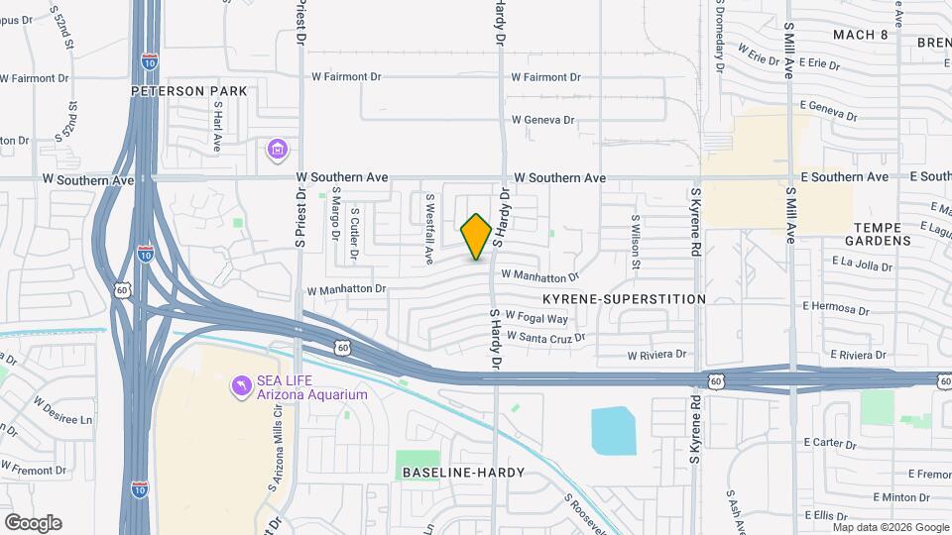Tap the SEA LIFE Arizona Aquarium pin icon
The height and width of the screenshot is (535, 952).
coord(240,384)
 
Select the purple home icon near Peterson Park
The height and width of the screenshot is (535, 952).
coord(277,150)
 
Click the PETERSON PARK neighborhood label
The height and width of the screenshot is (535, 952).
coord(188,91)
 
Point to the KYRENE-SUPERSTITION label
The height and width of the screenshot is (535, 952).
coord(624,298)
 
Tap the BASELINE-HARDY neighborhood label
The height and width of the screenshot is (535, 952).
coord(463,473)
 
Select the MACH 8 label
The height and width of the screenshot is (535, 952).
coord(860,35)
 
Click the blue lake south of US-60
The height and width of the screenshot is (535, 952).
coord(614,431)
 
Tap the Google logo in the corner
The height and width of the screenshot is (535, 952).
coord(33,522)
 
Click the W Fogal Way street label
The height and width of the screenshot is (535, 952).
coord(536,318)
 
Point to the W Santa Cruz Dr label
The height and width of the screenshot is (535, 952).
coord(545,337)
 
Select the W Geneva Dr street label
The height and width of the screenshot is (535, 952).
coord(542,120)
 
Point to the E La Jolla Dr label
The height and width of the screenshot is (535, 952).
coord(867,262)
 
